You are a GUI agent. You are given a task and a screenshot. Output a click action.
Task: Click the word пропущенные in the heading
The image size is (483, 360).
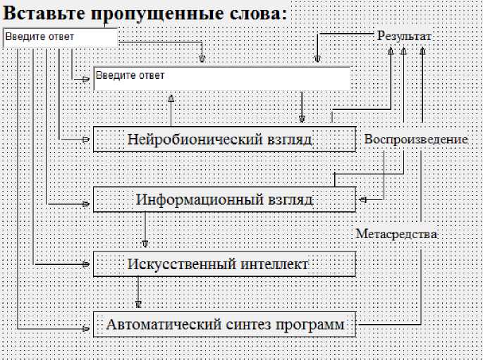coord(157,14)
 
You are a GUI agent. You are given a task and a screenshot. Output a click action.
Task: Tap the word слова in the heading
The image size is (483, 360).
coord(255,13)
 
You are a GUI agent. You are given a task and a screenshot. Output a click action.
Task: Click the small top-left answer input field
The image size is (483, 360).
coord(61,37)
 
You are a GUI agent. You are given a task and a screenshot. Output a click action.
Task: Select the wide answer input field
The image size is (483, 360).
coord(222,78)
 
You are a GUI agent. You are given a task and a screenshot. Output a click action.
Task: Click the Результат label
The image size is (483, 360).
coord(404,37)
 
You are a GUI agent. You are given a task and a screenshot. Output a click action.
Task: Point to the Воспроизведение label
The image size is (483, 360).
coord(416,139)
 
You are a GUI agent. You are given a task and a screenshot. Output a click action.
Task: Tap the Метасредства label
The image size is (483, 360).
coord(396,234)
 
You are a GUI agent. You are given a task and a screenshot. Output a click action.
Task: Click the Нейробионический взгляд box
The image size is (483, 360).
coord(224,139)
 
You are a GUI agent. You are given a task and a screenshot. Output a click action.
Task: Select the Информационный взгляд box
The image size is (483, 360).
coord(224,199)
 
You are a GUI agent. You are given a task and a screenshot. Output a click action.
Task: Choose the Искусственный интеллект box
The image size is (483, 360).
coord(224,264)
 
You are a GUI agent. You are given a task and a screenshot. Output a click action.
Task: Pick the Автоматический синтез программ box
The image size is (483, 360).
coord(224,324)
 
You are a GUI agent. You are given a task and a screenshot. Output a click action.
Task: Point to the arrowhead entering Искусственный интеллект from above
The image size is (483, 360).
coord(145,244)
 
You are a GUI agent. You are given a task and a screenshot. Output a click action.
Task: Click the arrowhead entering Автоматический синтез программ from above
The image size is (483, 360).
coord(138,304)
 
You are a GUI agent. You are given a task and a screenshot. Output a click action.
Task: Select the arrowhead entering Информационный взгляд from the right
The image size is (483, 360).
coord(363,199)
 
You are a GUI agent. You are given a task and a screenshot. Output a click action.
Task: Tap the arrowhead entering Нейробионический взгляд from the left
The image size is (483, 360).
coord(86,139)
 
